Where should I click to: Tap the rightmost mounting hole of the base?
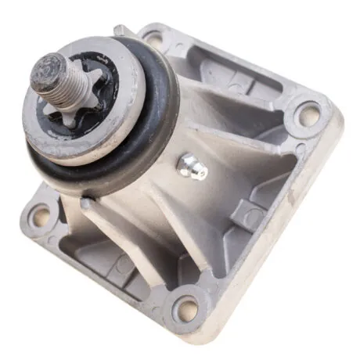pyautogui.click(x=307, y=116)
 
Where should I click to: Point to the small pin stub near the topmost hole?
pyautogui.click(x=119, y=31)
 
